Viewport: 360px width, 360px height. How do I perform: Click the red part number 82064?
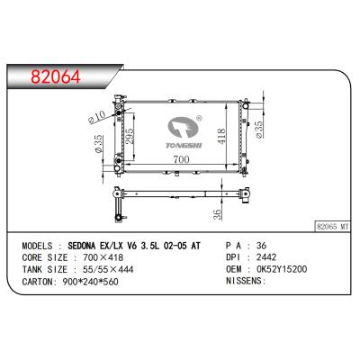(x=56, y=76)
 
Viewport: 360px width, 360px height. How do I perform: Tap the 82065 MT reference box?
(x=333, y=227)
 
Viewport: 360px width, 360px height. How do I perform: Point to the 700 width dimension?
(x=181, y=158)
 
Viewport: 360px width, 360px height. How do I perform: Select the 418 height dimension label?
(x=221, y=137)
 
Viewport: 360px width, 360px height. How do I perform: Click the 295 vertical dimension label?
(x=129, y=137)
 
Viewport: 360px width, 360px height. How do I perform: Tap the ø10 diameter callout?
(x=97, y=117)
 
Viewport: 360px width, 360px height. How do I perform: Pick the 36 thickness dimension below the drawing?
(x=217, y=214)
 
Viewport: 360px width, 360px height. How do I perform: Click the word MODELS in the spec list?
(x=37, y=246)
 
